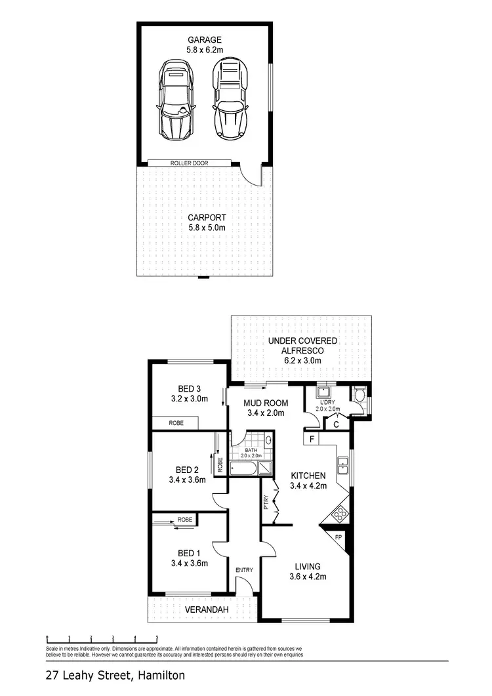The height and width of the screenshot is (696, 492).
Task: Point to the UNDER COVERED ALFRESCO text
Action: coord(302,346)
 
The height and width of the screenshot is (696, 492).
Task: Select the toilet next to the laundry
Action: coord(358,396)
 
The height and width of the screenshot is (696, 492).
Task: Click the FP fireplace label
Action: coord(338,537)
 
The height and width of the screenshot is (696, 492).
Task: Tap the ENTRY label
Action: coord(244,570)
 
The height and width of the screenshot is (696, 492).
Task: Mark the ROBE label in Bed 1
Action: coord(185,520)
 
